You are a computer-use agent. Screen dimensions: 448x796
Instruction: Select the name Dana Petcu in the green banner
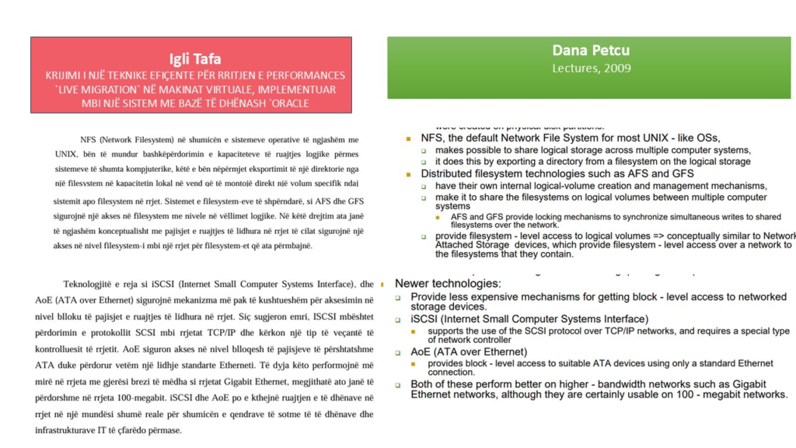click(591, 51)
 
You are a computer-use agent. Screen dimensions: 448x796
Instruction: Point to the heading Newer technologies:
click(448, 283)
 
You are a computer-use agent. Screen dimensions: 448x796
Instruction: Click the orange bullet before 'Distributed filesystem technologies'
click(409, 173)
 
